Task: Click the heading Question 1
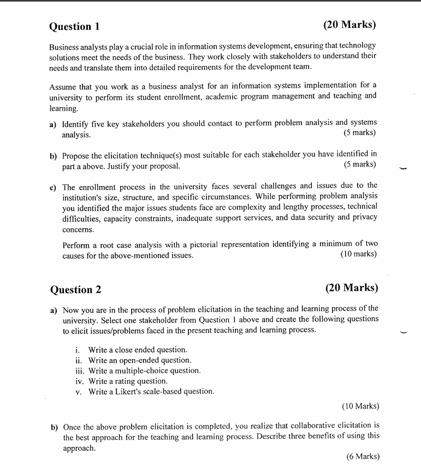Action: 74,27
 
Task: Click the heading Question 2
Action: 75,290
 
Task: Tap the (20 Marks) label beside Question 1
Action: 349,25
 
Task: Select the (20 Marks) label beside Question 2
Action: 351,288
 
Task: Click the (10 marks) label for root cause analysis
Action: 358,254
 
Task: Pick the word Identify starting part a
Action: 75,123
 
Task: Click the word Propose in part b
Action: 76,155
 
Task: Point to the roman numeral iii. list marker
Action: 80,371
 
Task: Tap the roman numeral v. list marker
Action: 79,391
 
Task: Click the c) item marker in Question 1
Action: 53,187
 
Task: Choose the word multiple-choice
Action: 147,371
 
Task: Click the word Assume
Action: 62,86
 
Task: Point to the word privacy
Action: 364,217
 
